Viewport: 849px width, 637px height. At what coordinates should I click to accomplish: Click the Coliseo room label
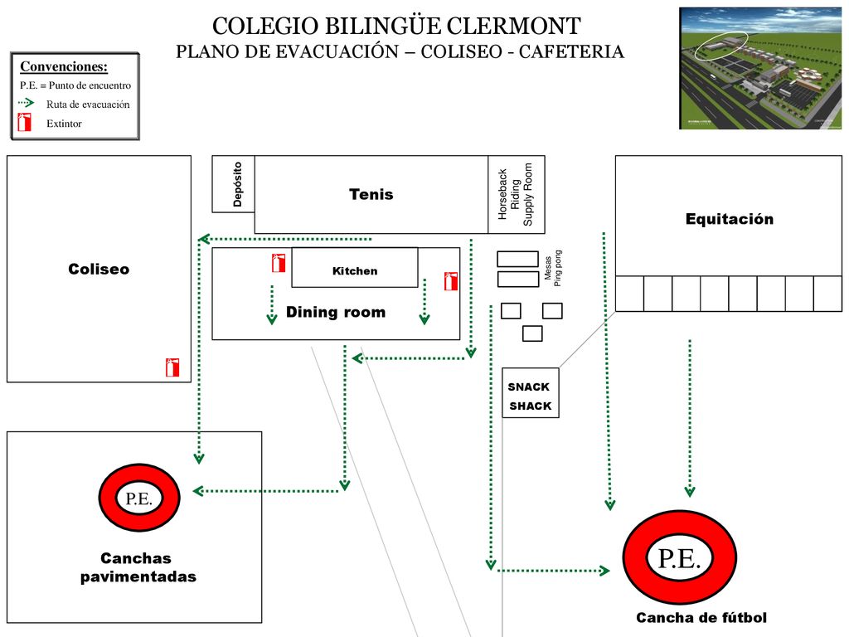pyautogui.click(x=99, y=270)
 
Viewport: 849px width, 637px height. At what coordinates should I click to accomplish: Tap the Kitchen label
pyautogui.click(x=355, y=271)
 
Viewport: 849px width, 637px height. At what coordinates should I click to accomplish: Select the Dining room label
pyautogui.click(x=336, y=312)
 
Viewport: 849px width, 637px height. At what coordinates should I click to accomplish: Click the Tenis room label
pyautogui.click(x=371, y=194)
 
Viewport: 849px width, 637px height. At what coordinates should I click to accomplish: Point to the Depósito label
pyautogui.click(x=237, y=184)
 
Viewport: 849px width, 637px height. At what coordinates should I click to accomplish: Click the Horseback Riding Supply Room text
pyautogui.click(x=515, y=194)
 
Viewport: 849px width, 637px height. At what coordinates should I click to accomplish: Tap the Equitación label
pyautogui.click(x=730, y=219)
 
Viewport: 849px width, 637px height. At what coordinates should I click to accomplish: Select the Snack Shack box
pyautogui.click(x=530, y=392)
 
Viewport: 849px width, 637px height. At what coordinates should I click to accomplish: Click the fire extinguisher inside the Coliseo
pyautogui.click(x=172, y=367)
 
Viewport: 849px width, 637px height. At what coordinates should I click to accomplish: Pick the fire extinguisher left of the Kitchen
pyautogui.click(x=279, y=263)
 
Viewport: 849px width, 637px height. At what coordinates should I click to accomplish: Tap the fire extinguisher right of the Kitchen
pyautogui.click(x=450, y=281)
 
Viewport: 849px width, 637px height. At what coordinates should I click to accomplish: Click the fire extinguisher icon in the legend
pyautogui.click(x=24, y=122)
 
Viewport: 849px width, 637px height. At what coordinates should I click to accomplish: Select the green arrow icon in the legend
pyautogui.click(x=26, y=102)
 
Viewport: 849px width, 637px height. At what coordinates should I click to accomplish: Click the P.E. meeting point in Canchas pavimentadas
pyautogui.click(x=139, y=498)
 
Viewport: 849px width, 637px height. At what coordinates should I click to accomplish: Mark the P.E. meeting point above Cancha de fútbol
pyautogui.click(x=680, y=557)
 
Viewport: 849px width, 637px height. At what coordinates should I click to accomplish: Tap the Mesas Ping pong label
pyautogui.click(x=553, y=268)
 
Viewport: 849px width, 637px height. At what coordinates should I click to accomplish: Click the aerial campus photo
pyautogui.click(x=760, y=68)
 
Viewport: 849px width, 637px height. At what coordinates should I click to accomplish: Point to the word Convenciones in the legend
pyautogui.click(x=64, y=66)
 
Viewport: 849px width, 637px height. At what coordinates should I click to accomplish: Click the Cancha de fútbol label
pyautogui.click(x=701, y=617)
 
